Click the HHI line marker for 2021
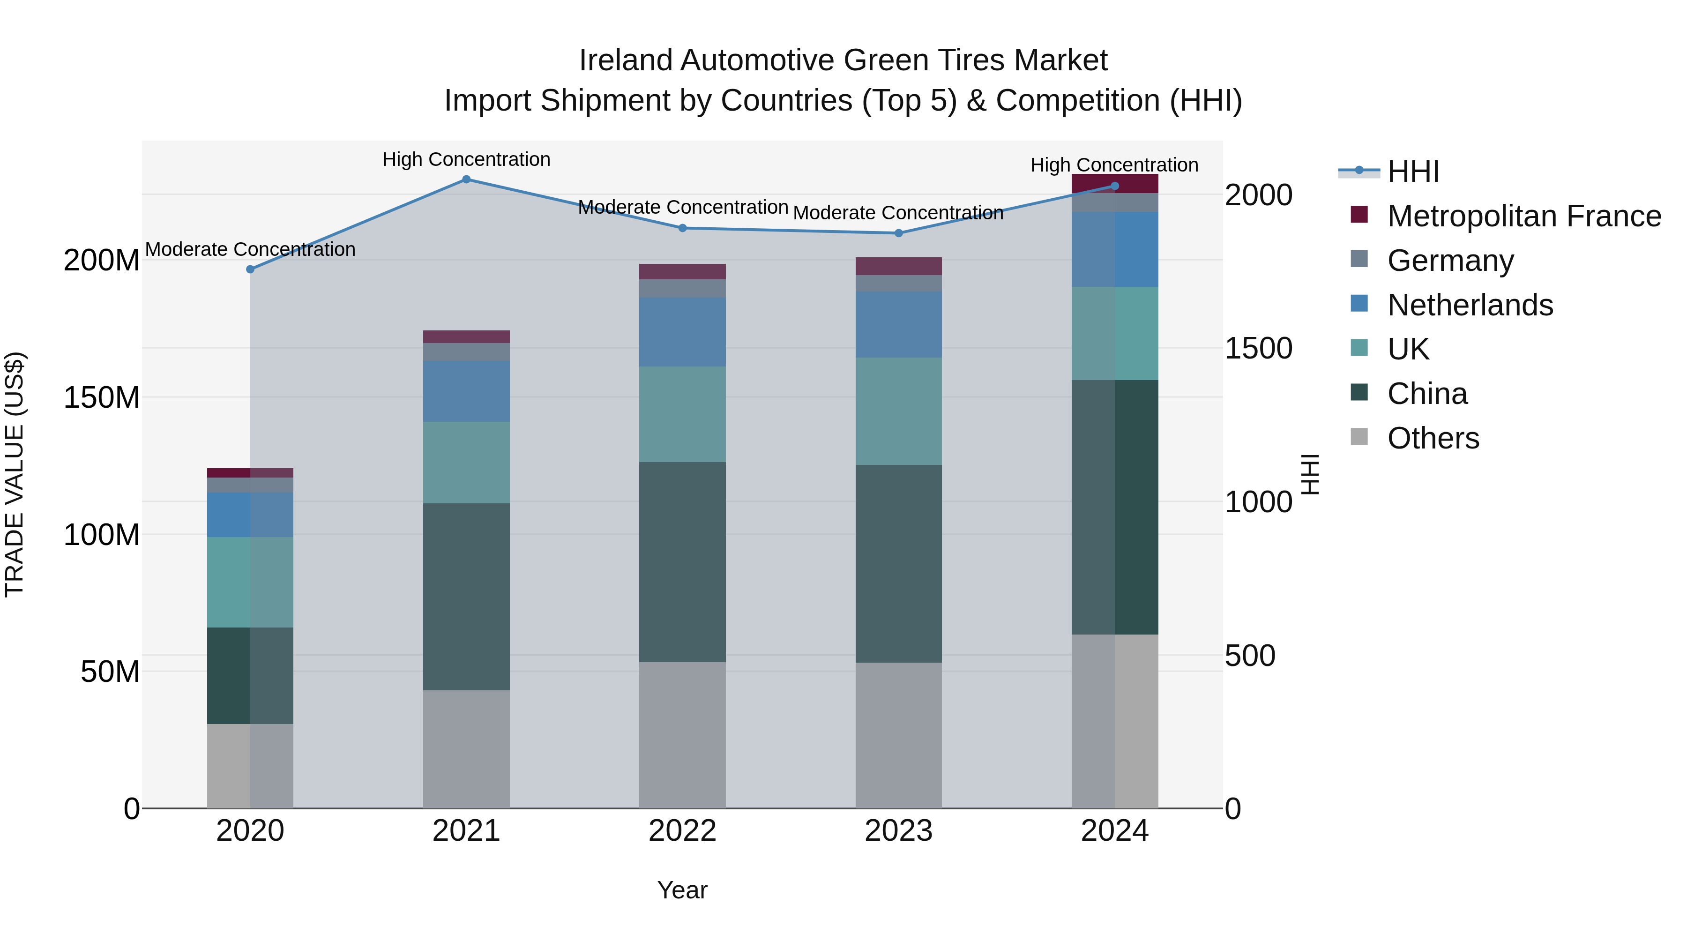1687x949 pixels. coord(466,179)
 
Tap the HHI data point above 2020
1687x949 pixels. coord(250,269)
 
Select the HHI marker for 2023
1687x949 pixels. coord(898,233)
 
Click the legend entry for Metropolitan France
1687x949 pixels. coord(1524,216)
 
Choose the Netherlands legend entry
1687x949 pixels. coord(1470,305)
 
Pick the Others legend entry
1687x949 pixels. coord(1433,438)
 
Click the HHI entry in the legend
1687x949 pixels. coord(1412,172)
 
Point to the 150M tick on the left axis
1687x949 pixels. coord(102,397)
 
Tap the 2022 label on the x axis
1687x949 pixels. coord(682,831)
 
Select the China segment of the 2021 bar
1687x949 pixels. coord(466,596)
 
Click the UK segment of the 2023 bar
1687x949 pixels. coord(898,411)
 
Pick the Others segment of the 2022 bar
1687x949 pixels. coord(682,735)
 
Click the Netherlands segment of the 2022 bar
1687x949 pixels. coord(682,332)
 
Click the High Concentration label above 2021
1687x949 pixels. coord(466,160)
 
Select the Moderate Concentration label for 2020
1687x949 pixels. coord(250,249)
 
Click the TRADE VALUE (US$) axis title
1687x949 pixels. coord(15,474)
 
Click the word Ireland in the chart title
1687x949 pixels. coord(627,60)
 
